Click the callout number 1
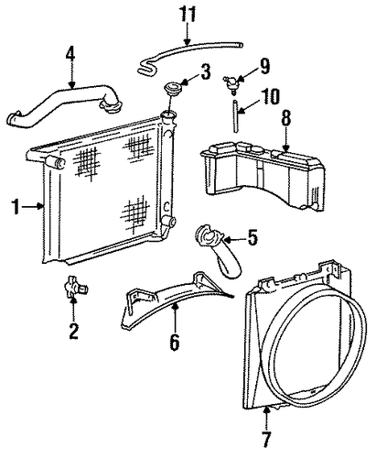coord(16,206)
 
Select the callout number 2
coord(74,331)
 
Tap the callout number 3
coord(206,72)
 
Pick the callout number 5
coord(252,237)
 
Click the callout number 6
coord(175,342)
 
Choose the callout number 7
coord(266,439)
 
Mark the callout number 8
coord(285,117)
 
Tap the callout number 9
coord(263,66)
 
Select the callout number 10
coord(270,96)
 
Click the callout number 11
coord(188,14)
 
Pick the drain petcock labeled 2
coord(75,286)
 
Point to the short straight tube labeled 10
coord(235,116)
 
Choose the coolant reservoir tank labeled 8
coord(263,176)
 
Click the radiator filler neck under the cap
coord(168,117)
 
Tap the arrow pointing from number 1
coord(32,206)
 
